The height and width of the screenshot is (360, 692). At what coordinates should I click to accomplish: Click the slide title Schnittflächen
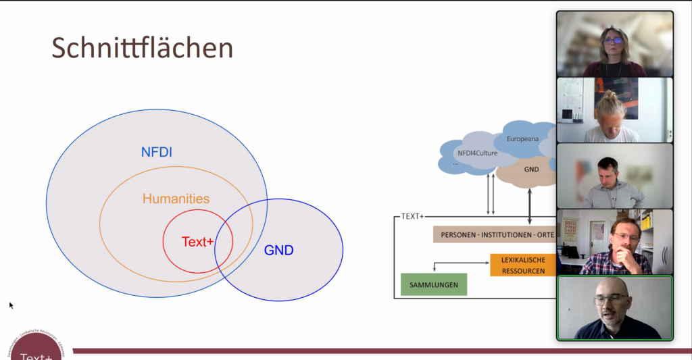[143, 49]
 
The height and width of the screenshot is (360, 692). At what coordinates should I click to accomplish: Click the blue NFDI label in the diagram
[156, 153]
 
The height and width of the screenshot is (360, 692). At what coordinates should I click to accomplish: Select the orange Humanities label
[176, 199]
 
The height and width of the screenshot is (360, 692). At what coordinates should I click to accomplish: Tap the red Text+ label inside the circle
[197, 242]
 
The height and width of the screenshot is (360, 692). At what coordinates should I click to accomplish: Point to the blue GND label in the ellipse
[278, 251]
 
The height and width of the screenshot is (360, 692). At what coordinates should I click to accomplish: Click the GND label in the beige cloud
[531, 170]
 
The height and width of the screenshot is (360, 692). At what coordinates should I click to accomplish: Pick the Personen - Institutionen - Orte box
[493, 234]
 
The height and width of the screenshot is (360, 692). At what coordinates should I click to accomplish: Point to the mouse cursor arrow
[11, 305]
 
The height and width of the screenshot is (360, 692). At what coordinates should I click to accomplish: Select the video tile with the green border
[614, 307]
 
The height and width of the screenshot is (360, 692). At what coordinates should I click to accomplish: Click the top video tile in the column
[614, 44]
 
